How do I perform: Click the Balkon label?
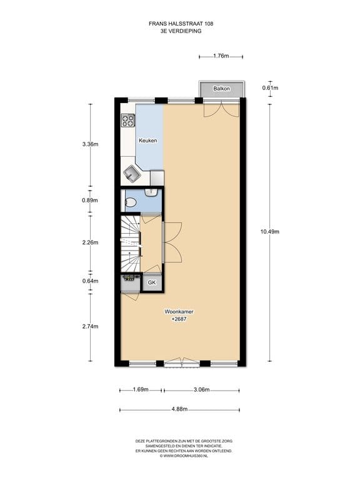point(222,89)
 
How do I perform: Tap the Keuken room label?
point(148,141)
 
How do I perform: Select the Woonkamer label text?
point(179,312)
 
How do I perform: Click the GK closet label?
point(152,282)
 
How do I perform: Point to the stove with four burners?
point(128,120)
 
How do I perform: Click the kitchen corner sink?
point(132,174)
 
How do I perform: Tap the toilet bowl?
point(131,202)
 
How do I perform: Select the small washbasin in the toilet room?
point(151,192)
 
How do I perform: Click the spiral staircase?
point(131,244)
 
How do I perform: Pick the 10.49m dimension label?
point(270,232)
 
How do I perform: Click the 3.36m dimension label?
point(90,144)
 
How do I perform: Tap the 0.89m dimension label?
point(90,201)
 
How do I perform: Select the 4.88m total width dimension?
point(180,409)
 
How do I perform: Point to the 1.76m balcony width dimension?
point(221,56)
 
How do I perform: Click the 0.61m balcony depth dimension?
point(270,88)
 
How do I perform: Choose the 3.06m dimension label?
point(202,390)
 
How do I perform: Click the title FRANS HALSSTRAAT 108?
point(181,24)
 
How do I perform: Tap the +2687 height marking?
point(179,319)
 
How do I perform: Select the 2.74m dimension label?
point(90,327)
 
